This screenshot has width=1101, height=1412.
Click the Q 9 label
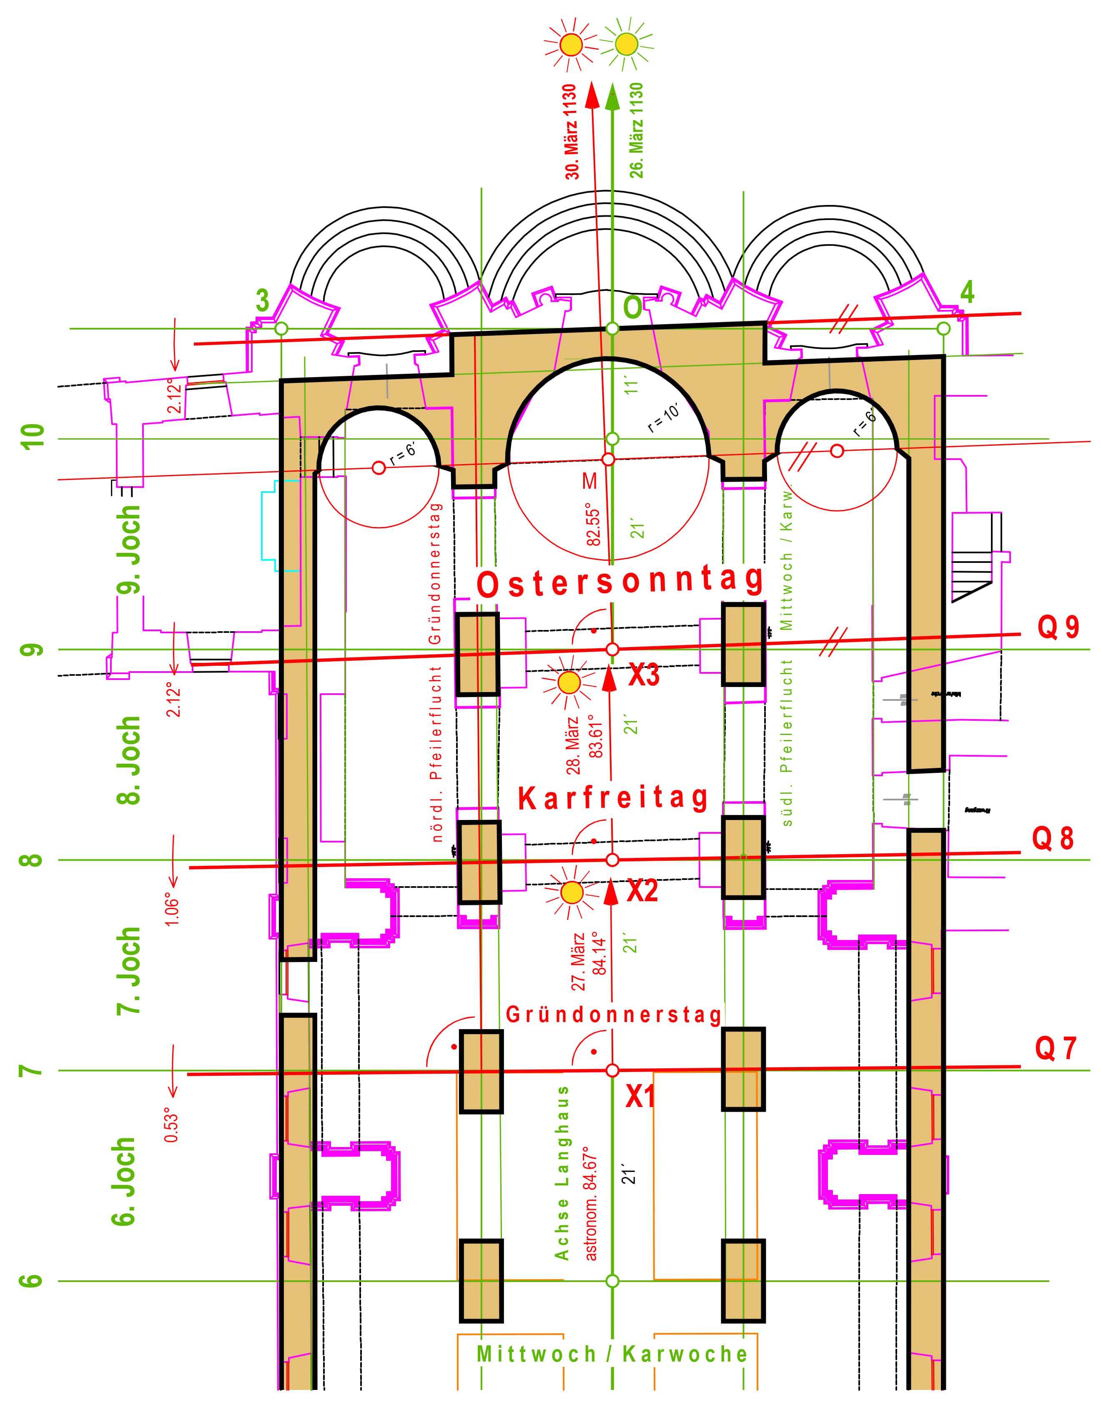tap(1058, 627)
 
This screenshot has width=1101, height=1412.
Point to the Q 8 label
tap(1053, 839)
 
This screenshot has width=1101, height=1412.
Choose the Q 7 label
tap(1055, 1049)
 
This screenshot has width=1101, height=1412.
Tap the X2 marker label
tap(643, 892)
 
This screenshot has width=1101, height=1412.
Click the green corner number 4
tap(966, 293)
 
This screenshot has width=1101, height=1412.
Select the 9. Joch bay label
tap(129, 550)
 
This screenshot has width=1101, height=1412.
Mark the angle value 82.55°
tap(594, 524)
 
